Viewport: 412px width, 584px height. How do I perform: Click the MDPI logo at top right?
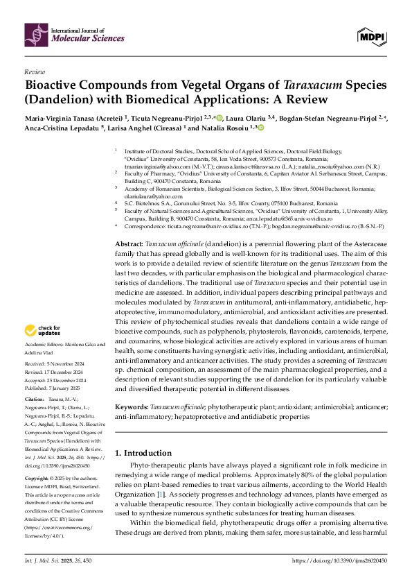point(371,34)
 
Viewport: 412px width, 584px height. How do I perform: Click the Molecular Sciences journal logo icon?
point(35,33)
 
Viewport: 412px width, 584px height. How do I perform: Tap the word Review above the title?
point(35,71)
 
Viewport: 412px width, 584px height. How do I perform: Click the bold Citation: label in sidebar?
point(35,400)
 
